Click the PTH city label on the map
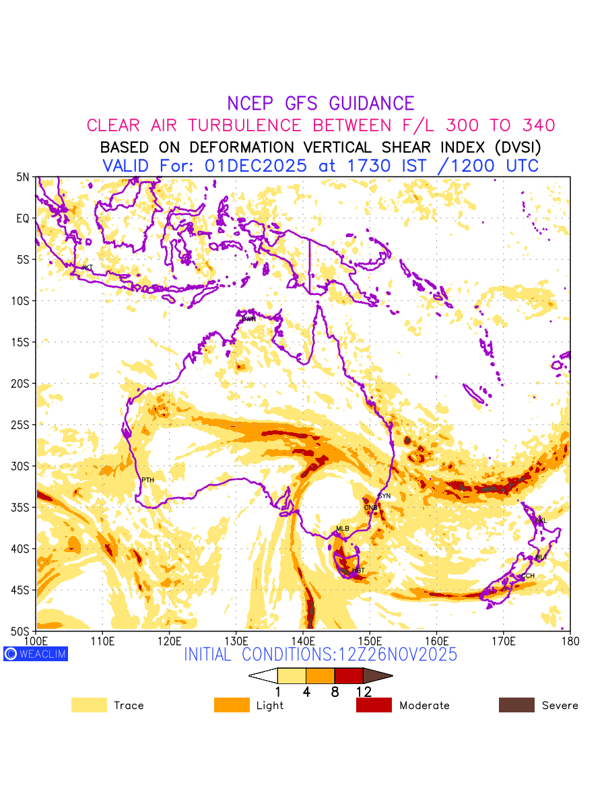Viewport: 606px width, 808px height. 147,480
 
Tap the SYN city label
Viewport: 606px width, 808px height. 384,496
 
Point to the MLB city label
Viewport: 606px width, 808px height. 343,529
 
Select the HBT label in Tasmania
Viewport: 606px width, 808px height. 358,570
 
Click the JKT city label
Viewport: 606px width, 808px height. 87,268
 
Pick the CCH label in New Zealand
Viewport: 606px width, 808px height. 528,576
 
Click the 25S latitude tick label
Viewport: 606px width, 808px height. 22,425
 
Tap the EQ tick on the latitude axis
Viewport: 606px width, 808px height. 24,218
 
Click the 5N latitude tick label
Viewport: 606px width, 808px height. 24,177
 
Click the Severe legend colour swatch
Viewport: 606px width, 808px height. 516,705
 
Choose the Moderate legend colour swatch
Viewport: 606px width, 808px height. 374,705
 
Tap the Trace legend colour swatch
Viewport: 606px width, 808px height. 89,705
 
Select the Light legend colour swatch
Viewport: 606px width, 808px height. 232,705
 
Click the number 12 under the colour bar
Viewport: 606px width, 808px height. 364,692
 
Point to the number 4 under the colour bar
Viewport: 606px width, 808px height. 306,692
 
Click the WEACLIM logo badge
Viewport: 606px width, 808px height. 36,654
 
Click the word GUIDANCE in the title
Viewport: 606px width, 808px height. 371,104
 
